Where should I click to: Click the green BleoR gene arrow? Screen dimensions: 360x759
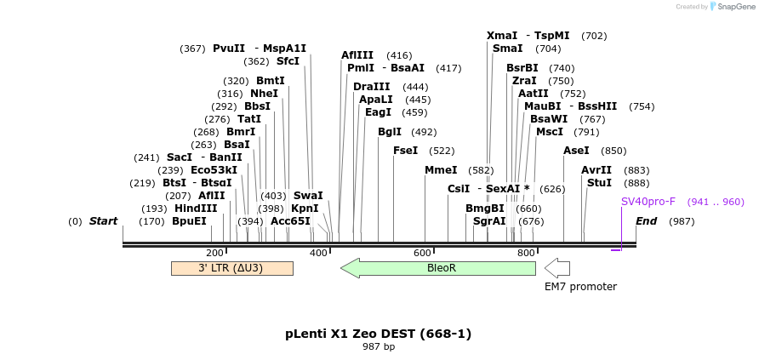[438, 268]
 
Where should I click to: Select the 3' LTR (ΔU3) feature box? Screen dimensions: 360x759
[231, 268]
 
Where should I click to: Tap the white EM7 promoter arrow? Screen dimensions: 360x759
[557, 268]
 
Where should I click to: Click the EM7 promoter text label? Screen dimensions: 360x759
[580, 287]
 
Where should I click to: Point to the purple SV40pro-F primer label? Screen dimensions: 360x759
[648, 202]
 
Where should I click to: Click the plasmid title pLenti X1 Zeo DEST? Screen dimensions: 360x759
[378, 334]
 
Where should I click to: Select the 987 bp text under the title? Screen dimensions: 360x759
[379, 347]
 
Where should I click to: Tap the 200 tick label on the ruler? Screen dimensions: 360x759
[214, 253]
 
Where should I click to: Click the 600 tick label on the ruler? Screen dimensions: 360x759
[422, 253]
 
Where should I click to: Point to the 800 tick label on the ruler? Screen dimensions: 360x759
[526, 253]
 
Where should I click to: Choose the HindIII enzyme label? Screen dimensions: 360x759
[196, 208]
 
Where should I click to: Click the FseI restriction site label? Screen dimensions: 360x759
[405, 151]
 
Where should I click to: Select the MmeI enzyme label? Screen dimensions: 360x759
[441, 170]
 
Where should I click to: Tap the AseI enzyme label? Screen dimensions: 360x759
[576, 151]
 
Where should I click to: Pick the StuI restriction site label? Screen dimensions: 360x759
[599, 183]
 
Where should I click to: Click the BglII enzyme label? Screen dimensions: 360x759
[390, 132]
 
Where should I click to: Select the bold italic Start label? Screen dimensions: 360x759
[103, 221]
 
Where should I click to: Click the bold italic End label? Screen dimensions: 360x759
[646, 221]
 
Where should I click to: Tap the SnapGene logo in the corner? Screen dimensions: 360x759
[733, 6]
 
